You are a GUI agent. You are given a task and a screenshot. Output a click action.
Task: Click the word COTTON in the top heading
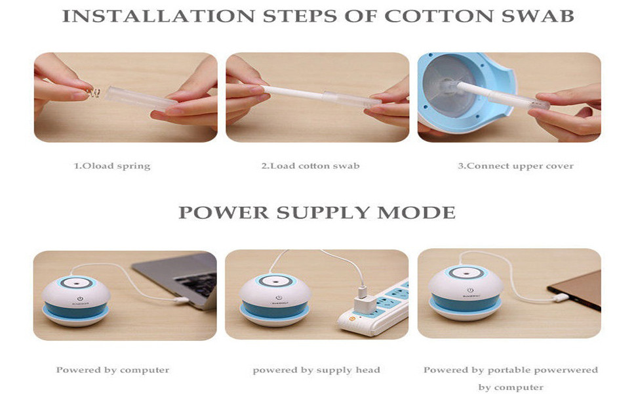tap(438, 16)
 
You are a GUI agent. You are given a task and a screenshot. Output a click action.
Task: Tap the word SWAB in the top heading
tap(538, 16)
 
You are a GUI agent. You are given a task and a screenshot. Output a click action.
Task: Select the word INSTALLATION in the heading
tap(158, 16)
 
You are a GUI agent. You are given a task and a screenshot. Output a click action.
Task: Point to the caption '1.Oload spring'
tap(112, 166)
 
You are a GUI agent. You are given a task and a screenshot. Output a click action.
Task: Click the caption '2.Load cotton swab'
tap(310, 166)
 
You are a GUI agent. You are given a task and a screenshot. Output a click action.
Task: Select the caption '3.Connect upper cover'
tap(515, 166)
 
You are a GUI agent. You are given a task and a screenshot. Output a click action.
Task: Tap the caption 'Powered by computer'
tap(113, 370)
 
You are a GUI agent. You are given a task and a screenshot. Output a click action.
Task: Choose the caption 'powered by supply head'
tap(317, 370)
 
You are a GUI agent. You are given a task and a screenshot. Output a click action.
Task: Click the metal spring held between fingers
tap(94, 93)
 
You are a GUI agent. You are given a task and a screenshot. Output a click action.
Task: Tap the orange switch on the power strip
tap(351, 319)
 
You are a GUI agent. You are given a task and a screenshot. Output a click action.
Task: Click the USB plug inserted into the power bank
tap(562, 297)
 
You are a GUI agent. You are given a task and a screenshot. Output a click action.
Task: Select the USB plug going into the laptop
tap(182, 300)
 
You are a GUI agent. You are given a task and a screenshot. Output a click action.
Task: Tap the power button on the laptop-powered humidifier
tap(80, 299)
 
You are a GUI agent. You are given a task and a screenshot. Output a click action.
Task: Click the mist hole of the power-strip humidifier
tap(275, 280)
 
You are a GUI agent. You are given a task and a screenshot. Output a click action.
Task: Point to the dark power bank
tap(575, 290)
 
